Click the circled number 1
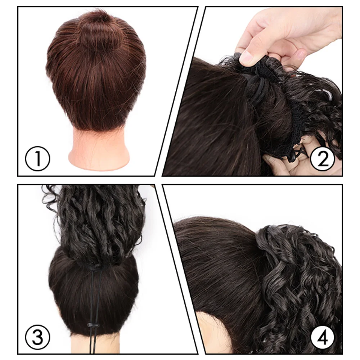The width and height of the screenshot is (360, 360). tap(38, 159)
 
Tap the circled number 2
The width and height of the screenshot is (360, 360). tap(323, 159)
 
